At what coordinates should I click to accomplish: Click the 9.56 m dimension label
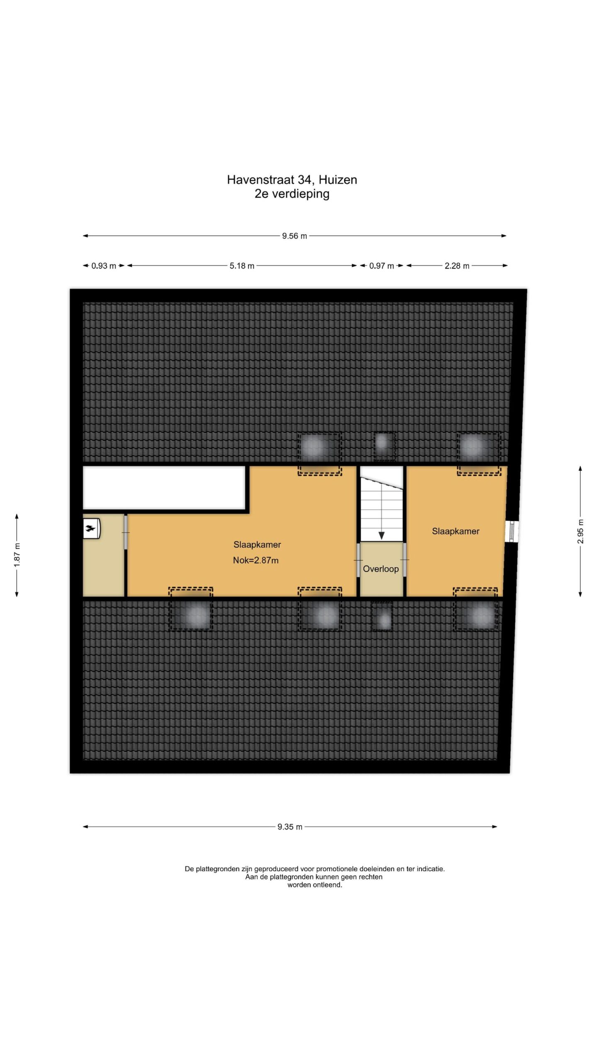[294, 236]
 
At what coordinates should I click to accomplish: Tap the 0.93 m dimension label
[104, 266]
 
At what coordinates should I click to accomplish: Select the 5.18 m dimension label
[242, 266]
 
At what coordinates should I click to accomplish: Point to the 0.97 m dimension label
[381, 266]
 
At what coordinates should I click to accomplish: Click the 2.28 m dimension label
[457, 266]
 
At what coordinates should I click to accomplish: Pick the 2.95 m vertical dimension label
[580, 531]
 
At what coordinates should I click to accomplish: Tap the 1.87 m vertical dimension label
[17, 555]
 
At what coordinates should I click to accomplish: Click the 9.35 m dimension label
[290, 827]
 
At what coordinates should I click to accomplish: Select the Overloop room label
[381, 569]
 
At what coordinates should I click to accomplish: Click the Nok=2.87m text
[256, 560]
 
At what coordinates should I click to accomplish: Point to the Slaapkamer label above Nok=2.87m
[257, 545]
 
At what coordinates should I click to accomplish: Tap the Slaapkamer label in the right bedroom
[456, 531]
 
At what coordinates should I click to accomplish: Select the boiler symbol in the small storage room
[92, 529]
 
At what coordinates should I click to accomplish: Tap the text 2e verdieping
[292, 194]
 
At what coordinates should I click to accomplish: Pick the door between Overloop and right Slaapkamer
[405, 560]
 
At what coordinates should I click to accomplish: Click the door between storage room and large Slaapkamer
[126, 532]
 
